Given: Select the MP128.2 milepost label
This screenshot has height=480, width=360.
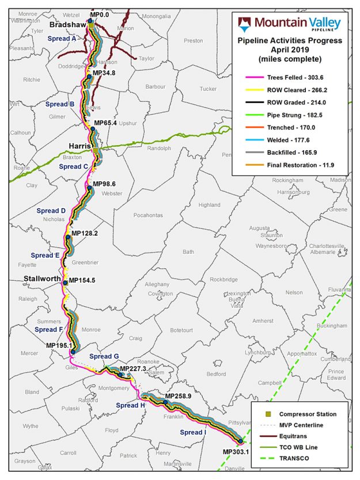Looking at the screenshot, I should click(x=84, y=234).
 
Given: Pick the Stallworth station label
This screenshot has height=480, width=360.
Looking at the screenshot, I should click(x=42, y=279).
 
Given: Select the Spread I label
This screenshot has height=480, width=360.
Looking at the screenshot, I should click(x=192, y=432).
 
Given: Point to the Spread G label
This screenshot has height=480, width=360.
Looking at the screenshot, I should click(x=104, y=357).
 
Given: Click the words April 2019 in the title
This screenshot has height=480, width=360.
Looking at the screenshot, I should click(x=290, y=49).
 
